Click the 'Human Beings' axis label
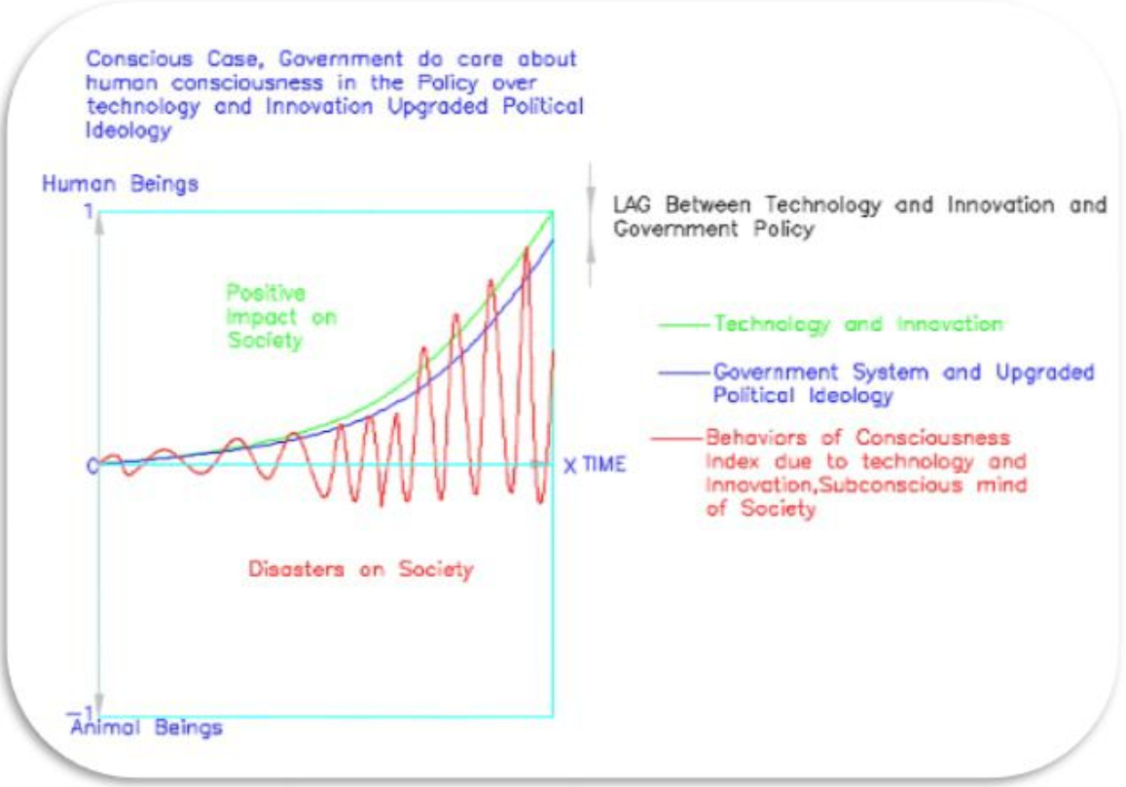tap(120, 184)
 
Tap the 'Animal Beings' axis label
tap(147, 728)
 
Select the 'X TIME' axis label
tap(595, 465)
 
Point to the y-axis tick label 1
tap(89, 211)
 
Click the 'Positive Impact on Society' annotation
tap(281, 317)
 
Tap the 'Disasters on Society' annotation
tap(360, 569)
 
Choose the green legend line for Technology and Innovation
tap(684, 326)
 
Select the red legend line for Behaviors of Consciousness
tap(676, 438)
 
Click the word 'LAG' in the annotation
tap(632, 205)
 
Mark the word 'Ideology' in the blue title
tap(128, 131)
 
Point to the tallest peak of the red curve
tap(527, 248)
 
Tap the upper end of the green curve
tap(552, 212)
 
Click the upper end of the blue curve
tap(552, 240)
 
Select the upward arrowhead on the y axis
tap(99, 224)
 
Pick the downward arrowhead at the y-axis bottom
tap(99, 704)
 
